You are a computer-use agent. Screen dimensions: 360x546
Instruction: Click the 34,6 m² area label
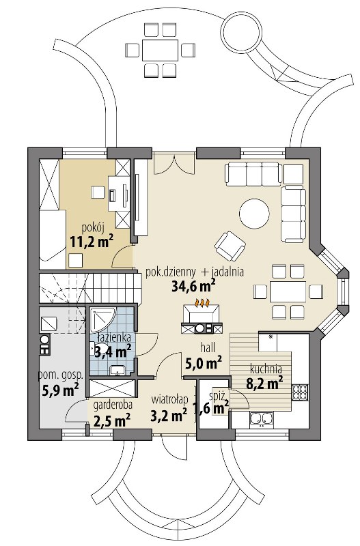click(193, 286)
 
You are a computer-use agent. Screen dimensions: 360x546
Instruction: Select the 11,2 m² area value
click(92, 241)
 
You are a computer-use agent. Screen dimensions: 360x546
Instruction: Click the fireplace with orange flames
click(201, 316)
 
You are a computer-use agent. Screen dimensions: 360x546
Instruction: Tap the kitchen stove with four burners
click(300, 392)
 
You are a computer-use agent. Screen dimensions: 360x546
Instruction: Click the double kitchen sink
click(262, 419)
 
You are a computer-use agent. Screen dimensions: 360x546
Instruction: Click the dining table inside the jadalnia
click(288, 291)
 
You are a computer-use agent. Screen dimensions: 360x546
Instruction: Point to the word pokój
click(93, 228)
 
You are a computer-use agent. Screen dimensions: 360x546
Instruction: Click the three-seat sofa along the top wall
click(253, 173)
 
